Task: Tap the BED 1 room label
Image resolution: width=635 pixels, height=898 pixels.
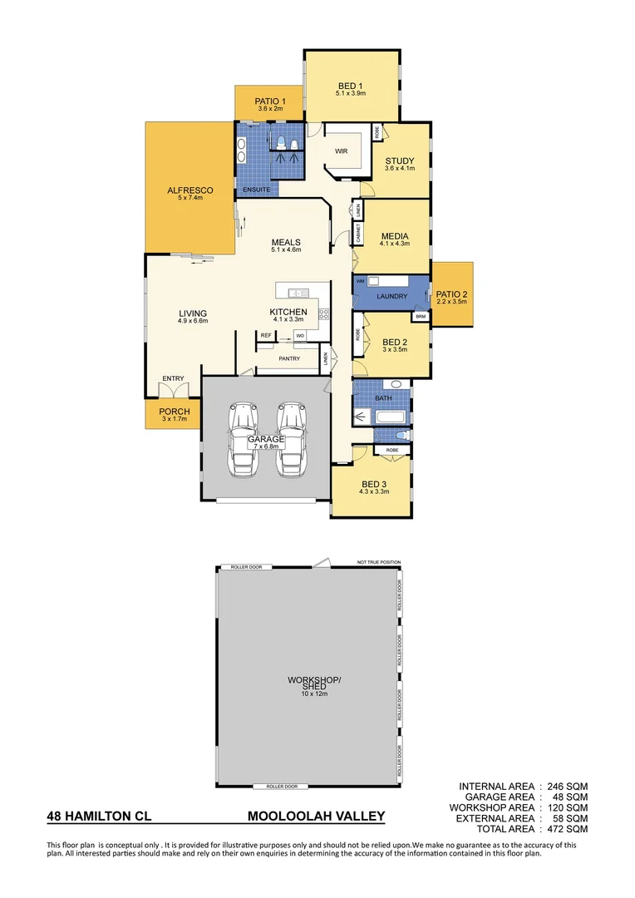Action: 350,86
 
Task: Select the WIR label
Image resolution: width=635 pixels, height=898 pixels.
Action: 341,151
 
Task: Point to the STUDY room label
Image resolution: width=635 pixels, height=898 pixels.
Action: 399,160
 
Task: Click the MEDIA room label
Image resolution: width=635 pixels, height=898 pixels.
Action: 394,235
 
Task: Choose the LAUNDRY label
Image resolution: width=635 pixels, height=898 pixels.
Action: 391,296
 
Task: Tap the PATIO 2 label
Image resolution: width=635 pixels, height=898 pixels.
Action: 452,294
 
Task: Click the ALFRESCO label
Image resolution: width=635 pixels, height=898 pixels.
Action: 190,190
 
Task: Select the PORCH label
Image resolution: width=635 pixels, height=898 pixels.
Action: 174,411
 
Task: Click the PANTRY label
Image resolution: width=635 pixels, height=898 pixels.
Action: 289,358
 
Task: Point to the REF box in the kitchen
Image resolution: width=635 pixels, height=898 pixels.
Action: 266,335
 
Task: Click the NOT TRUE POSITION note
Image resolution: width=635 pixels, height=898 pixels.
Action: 378,562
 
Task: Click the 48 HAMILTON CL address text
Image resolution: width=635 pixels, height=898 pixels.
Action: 99,816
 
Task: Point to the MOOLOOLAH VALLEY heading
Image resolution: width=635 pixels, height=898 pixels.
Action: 316,816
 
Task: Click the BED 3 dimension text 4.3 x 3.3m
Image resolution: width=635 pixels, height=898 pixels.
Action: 373,492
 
